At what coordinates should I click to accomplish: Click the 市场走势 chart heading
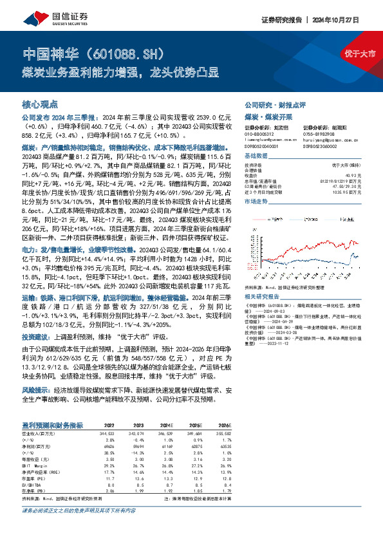click(x=256, y=201)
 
